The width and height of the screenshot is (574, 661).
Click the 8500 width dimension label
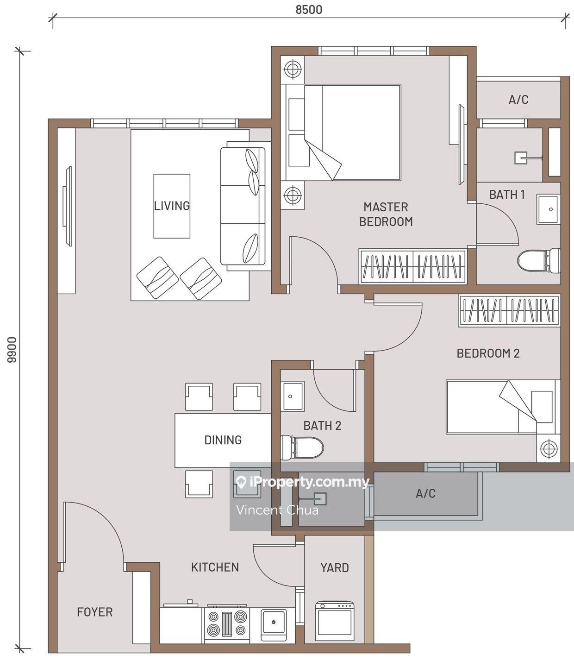pyautogui.click(x=309, y=10)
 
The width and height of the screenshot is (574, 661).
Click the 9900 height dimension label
pyautogui.click(x=12, y=350)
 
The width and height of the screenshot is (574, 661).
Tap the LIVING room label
pyautogui.click(x=172, y=206)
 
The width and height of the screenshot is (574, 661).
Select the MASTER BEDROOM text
pyautogui.click(x=386, y=214)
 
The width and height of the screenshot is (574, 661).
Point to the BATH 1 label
pyautogui.click(x=507, y=195)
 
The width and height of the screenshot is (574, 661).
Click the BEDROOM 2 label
pyautogui.click(x=488, y=353)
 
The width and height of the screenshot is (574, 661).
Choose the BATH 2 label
pyautogui.click(x=322, y=426)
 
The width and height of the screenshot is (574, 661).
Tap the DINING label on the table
pyautogui.click(x=223, y=440)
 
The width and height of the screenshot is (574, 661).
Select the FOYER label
pyautogui.click(x=95, y=612)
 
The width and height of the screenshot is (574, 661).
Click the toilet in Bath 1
pyautogui.click(x=539, y=261)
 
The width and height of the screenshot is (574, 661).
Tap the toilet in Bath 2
pyautogui.click(x=302, y=447)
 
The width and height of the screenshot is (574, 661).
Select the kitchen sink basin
pyautogui.click(x=274, y=622)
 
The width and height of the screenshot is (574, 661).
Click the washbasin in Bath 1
pyautogui.click(x=549, y=209)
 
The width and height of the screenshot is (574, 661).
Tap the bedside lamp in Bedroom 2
pyautogui.click(x=549, y=448)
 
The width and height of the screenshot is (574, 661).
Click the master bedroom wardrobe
pyautogui.click(x=413, y=266)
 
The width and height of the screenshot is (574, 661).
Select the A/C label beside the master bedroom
pyautogui.click(x=518, y=100)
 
